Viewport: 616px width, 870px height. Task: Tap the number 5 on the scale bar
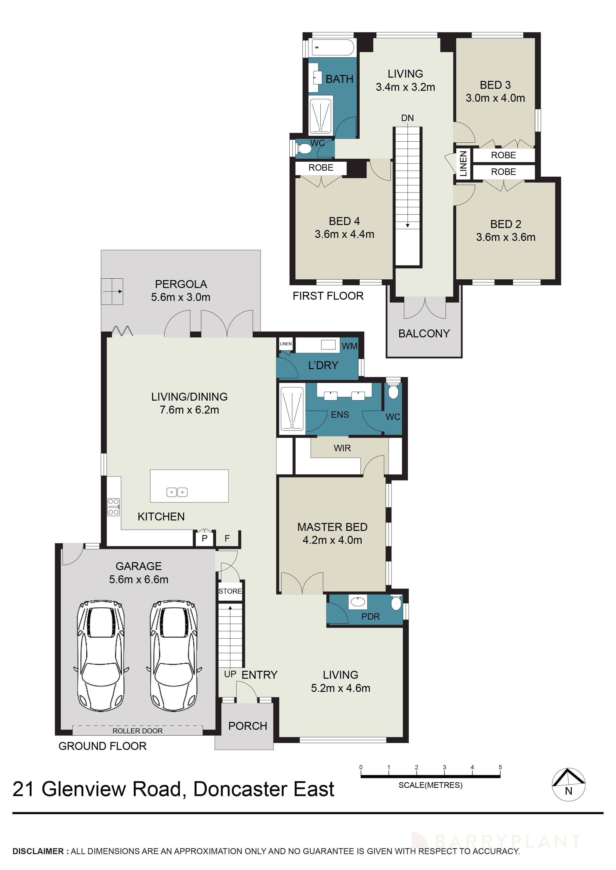coord(500,767)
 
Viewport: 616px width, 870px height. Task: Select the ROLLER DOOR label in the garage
coord(137,731)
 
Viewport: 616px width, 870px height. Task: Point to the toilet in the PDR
coord(396,603)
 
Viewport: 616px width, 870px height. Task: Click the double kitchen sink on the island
coord(177,492)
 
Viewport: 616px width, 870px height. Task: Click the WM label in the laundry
coord(349,346)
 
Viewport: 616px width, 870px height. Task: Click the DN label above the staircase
coord(407,118)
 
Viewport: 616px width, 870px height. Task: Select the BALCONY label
coord(424,333)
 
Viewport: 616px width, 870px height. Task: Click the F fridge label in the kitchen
coord(227,538)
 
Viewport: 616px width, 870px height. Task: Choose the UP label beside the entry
coord(230,674)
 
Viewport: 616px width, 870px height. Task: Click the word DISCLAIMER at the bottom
coord(38,851)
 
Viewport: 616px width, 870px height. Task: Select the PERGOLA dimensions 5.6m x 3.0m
coord(181,297)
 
